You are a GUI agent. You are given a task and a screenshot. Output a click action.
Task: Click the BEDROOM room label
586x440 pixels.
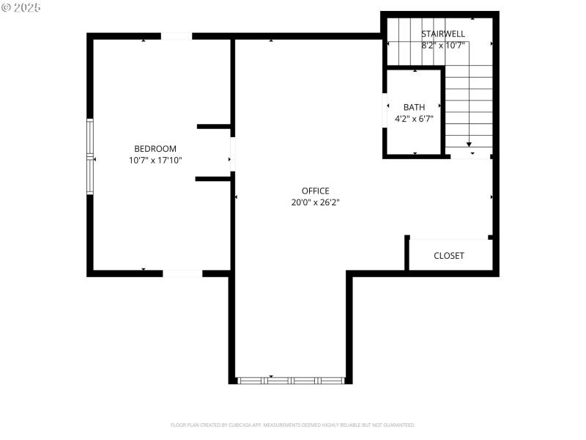point(155,149)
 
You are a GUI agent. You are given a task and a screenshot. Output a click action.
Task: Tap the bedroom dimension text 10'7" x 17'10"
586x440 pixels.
point(155,160)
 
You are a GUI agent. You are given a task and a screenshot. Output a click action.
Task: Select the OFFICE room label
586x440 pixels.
point(315,191)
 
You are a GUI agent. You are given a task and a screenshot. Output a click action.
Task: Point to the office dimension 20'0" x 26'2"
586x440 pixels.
point(315,202)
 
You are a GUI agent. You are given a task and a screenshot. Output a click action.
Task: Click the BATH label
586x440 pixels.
point(414,107)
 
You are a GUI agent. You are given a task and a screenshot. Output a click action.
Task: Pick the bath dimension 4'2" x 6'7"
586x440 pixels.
point(414,118)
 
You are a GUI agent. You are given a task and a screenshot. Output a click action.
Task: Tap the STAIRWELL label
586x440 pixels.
point(443,34)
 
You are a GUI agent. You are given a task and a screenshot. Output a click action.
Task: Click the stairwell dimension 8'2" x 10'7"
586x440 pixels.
point(443,45)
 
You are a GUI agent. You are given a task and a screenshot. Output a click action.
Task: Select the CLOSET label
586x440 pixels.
point(449,256)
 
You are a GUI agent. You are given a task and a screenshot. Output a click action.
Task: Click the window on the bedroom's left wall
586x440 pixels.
point(90,156)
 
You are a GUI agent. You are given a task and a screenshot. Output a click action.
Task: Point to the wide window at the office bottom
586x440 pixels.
point(292,381)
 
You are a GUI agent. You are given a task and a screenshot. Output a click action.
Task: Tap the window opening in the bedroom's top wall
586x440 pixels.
point(176,36)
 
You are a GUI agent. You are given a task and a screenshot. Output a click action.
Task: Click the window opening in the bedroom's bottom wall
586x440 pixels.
point(182,274)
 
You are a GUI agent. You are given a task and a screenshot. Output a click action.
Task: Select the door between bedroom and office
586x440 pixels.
point(232,154)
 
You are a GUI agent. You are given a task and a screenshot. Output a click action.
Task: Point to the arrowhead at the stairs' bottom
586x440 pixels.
point(469,144)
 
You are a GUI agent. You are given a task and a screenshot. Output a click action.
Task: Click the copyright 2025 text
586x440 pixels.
point(21,7)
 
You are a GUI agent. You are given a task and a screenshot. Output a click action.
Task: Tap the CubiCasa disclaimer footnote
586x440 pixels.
point(293,425)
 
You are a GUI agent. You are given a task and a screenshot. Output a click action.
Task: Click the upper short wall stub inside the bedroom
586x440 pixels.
point(214,126)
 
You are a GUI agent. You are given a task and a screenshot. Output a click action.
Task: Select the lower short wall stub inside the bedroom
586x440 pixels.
point(213,178)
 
